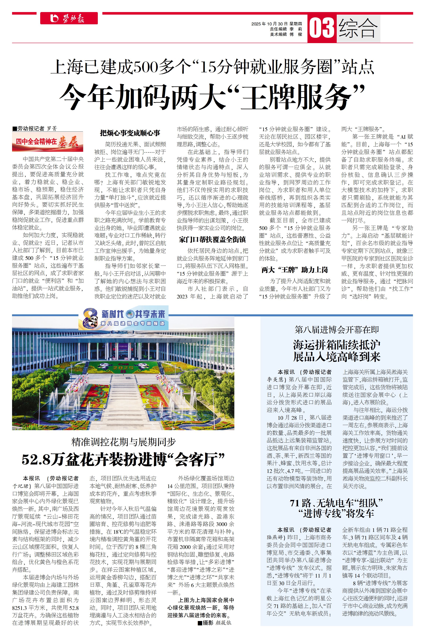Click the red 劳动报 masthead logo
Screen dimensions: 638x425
(x=69, y=18)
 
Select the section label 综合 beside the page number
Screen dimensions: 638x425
(x=358, y=28)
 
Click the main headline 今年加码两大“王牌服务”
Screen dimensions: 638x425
(x=212, y=96)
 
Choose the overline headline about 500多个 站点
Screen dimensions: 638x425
(x=212, y=67)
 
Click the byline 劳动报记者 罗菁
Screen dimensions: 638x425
(x=35, y=129)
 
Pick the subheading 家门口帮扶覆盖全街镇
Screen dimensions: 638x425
(x=212, y=239)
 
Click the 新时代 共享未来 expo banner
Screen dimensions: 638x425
(x=133, y=314)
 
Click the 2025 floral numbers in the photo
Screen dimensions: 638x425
(x=123, y=368)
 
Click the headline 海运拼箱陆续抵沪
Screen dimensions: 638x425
(x=337, y=345)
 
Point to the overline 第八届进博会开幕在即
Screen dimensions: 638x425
(x=337, y=330)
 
